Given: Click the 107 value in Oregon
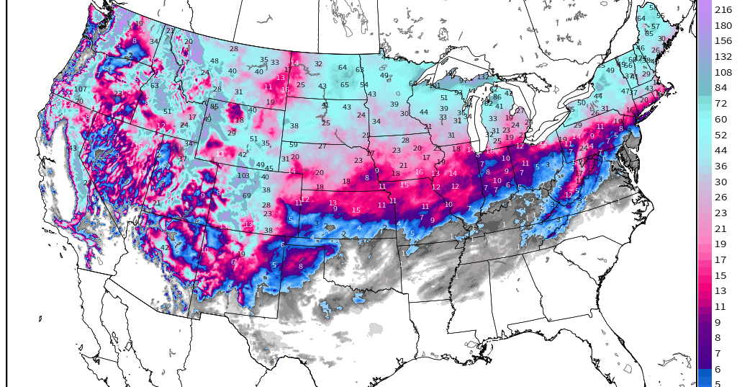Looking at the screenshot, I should click(81, 89).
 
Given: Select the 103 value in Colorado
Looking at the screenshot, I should click(244, 176).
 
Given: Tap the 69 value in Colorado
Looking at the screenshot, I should click(247, 195).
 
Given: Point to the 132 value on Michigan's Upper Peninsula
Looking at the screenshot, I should click(483, 77).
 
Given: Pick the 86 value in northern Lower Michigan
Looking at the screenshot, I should click(497, 97).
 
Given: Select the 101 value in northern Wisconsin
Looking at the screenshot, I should click(434, 86).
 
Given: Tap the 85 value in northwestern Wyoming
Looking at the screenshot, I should click(214, 107).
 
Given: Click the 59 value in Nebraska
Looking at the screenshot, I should click(293, 145).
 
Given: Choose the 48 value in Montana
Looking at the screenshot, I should click(214, 61).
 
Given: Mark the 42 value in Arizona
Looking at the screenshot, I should click(165, 247).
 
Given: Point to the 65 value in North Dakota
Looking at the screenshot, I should click(345, 85).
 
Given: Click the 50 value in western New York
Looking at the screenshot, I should click(581, 102).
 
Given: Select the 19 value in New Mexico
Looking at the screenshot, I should click(242, 254).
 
